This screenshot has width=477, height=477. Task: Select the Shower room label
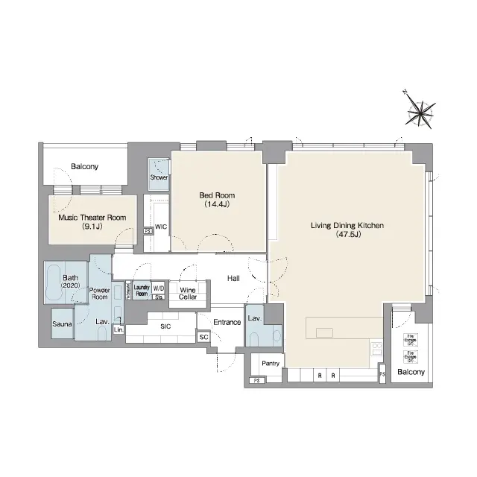tap(159, 177)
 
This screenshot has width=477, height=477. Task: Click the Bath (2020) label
tap(58, 279)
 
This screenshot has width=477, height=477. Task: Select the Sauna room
tap(61, 324)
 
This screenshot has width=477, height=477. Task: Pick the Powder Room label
tap(99, 293)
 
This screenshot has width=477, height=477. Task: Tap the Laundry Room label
tap(142, 290)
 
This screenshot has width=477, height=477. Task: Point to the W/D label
tap(159, 287)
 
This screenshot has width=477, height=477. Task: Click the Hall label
tap(233, 277)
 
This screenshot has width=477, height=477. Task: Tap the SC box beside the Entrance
tap(203, 337)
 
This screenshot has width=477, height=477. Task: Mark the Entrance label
tap(227, 322)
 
